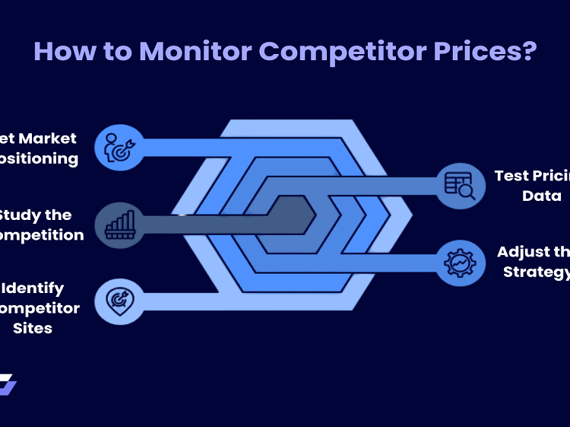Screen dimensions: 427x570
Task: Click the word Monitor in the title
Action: click(x=195, y=52)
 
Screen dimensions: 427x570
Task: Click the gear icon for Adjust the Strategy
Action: click(x=459, y=263)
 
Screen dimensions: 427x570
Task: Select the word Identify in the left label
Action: click(x=33, y=288)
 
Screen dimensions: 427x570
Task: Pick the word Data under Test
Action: click(x=541, y=196)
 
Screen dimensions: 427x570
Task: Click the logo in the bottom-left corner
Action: click(x=8, y=384)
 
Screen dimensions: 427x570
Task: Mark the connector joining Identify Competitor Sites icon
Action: click(x=175, y=300)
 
